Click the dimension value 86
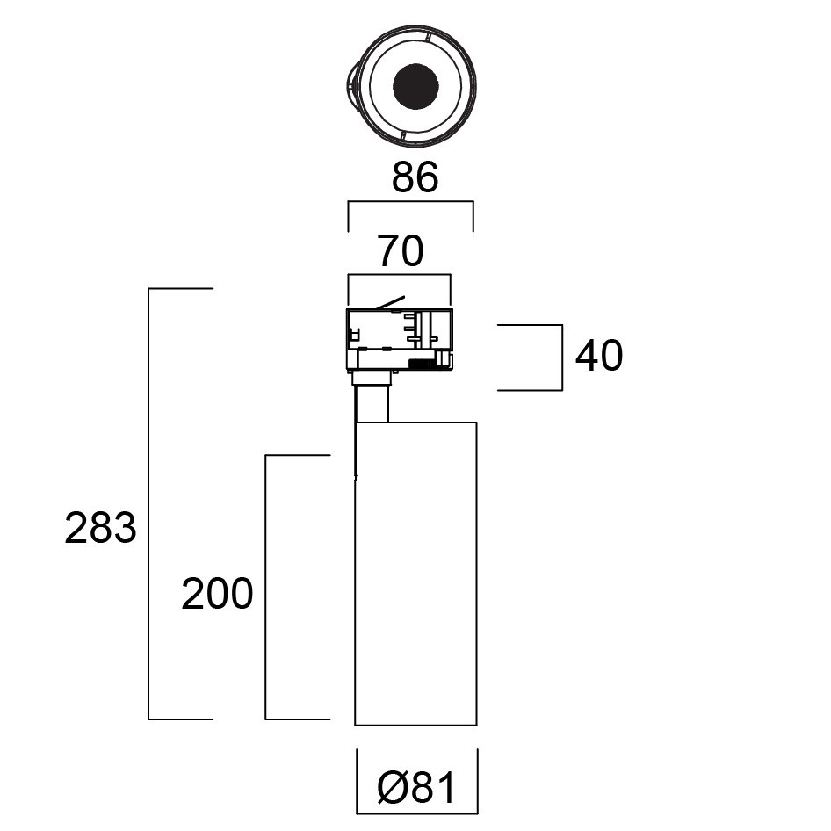[415, 178]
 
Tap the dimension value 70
[401, 252]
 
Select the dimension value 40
[599, 356]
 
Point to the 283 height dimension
[100, 529]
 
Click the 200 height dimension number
[217, 595]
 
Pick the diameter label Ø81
[417, 788]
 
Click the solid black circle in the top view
[415, 86]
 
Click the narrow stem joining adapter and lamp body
[372, 404]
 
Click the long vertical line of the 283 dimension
[148, 503]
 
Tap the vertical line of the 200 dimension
[266, 587]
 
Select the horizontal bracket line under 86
[410, 203]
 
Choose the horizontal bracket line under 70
[400, 276]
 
